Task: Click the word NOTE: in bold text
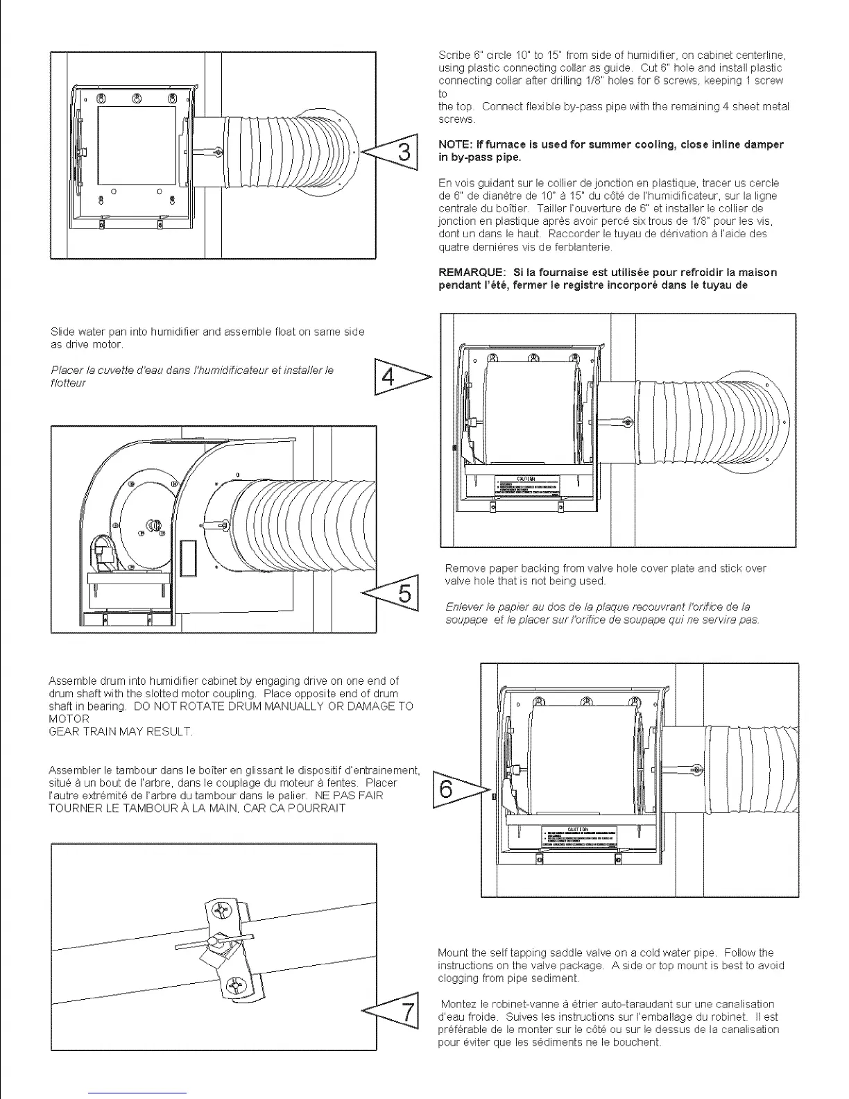coord(454,145)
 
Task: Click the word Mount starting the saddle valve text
coord(452,953)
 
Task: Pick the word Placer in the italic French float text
coord(67,370)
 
